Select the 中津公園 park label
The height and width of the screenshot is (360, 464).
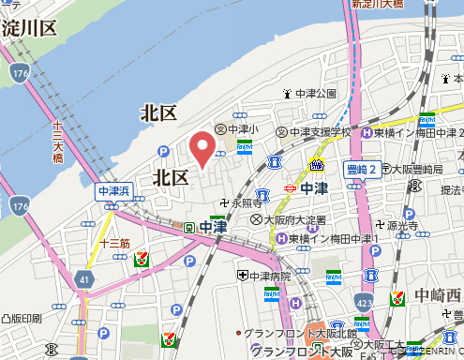coord(315,94)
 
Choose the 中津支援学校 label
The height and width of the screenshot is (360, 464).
coord(319,132)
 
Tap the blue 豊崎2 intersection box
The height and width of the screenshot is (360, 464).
coord(360,170)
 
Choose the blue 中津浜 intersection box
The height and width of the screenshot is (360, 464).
coord(117,191)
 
